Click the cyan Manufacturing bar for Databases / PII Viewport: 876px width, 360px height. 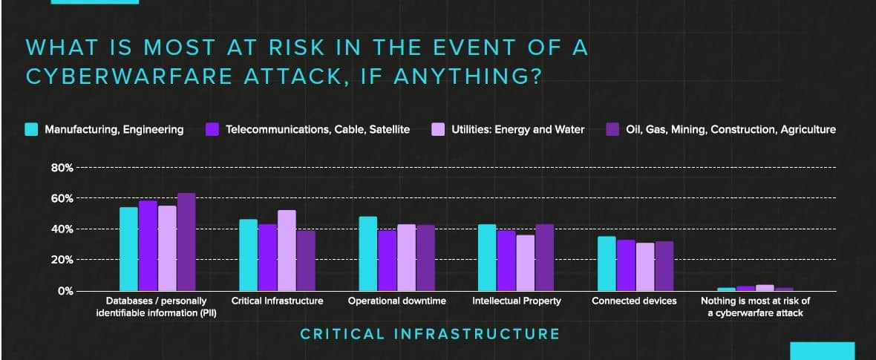point(128,249)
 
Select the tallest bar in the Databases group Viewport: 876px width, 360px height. point(186,242)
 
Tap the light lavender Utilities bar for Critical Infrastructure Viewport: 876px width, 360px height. point(287,250)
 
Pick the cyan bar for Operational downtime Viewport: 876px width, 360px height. point(367,254)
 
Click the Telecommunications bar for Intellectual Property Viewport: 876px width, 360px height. point(506,261)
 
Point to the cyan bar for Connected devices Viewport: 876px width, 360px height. point(607,264)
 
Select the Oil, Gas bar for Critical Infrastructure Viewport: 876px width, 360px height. point(306,261)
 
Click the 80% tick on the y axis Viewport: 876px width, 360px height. point(62,168)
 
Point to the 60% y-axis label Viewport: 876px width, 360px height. point(62,198)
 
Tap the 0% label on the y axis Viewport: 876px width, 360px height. point(66,291)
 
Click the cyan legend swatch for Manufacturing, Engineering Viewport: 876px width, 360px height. point(32,130)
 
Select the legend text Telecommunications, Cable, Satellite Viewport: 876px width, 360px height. point(318,130)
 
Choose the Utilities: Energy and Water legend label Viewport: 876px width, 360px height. point(518,130)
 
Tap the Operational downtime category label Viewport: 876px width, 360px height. point(396,301)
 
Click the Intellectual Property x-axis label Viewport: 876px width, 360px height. point(516,301)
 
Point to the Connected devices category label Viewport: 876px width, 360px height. point(634,301)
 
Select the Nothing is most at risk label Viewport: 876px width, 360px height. point(755,307)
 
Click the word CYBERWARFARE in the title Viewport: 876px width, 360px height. point(131,76)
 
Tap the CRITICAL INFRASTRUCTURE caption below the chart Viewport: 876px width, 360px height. point(430,334)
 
